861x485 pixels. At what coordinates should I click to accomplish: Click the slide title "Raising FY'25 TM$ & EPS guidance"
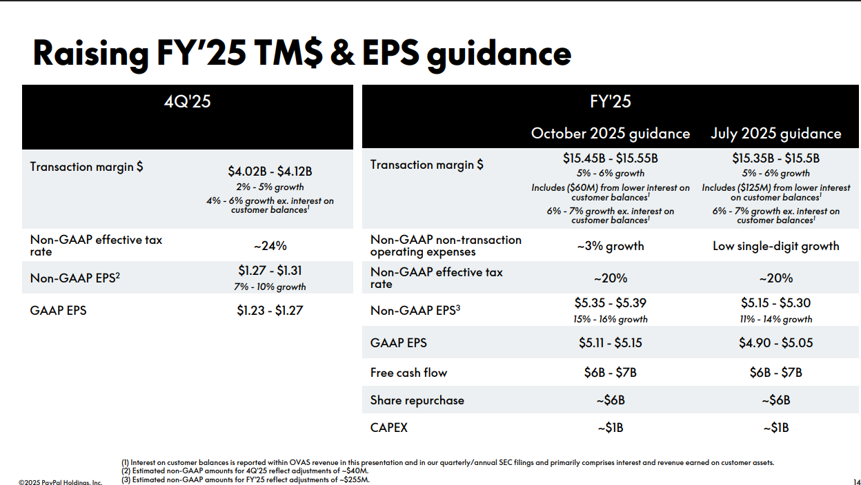(301, 54)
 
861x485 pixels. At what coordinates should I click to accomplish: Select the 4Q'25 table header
(187, 101)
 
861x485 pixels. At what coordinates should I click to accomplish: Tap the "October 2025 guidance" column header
(610, 133)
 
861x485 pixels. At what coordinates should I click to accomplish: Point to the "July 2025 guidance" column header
(775, 133)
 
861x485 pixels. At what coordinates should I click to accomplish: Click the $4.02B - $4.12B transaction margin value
(270, 172)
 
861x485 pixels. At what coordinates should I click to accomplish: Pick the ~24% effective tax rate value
(270, 245)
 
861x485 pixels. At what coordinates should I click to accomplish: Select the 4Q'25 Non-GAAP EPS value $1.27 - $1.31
(270, 271)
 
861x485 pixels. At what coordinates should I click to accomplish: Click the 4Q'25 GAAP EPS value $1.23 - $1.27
(270, 311)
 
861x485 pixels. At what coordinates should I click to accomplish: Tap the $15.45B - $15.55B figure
(610, 158)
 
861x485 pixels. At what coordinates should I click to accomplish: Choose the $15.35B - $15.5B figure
(775, 158)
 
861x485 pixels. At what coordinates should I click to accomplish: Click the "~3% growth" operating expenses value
(610, 246)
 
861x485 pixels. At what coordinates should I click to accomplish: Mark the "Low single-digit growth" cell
(775, 246)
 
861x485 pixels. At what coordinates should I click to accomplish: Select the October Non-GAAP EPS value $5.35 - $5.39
(610, 303)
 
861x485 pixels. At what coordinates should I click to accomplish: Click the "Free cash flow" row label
(408, 373)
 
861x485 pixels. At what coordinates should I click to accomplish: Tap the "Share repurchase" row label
(417, 400)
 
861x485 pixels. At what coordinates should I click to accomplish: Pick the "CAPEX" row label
(388, 428)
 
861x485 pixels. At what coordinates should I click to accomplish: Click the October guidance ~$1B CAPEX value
(610, 428)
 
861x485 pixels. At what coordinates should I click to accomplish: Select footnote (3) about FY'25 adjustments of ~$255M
(246, 479)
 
